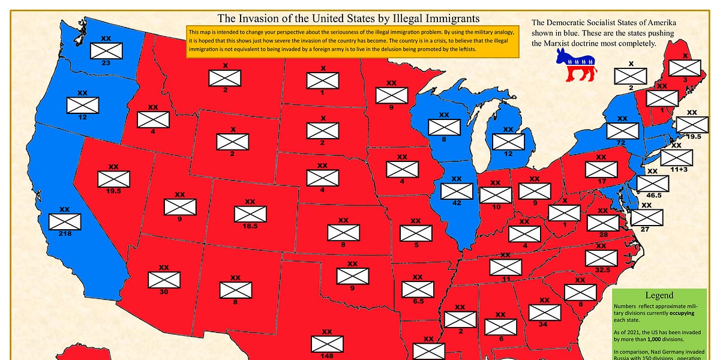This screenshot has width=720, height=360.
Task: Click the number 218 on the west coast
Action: point(65,233)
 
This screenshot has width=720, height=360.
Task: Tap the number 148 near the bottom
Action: point(328,356)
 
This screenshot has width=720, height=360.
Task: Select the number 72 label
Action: point(622,142)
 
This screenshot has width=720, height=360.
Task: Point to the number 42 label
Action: point(456,203)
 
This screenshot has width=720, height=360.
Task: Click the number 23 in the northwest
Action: point(106,62)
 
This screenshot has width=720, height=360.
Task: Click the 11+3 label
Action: point(678,170)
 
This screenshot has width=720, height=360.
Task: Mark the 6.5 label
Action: point(418,302)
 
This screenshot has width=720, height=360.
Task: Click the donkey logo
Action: point(576,65)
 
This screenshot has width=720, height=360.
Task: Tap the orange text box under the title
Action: point(352,40)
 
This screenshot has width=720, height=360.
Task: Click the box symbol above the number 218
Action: point(65,221)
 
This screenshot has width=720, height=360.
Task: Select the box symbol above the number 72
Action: point(622,130)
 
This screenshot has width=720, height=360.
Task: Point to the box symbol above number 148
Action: point(328,344)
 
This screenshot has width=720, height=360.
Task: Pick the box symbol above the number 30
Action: point(164,280)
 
